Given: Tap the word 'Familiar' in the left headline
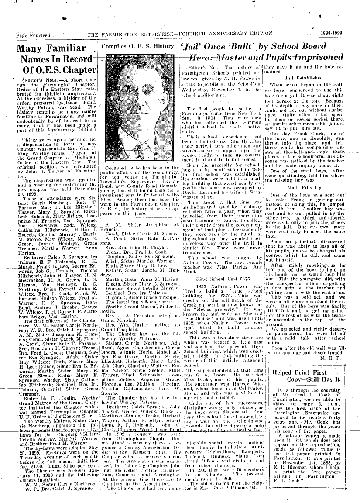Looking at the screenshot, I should [66, 48].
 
